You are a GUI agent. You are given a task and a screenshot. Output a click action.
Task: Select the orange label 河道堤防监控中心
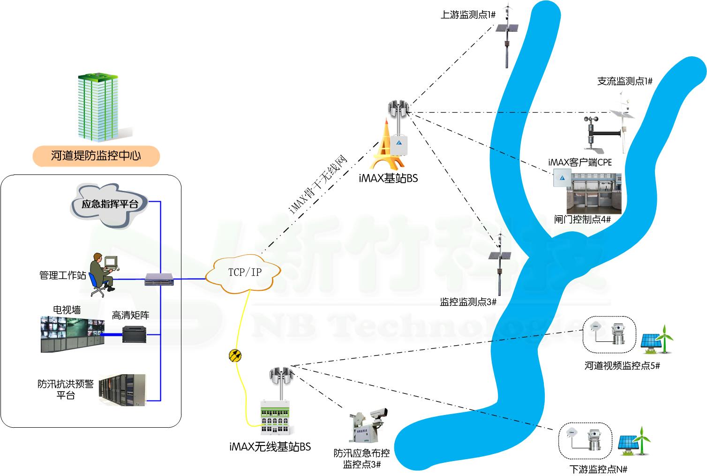96,156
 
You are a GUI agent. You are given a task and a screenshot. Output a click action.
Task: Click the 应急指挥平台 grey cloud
109,204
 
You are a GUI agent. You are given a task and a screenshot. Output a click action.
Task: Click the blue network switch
159,280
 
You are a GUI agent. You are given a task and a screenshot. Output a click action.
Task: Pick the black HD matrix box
135,333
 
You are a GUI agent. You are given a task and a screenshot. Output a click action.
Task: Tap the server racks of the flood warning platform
123,390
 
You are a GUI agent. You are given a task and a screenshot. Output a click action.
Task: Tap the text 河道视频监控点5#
622,366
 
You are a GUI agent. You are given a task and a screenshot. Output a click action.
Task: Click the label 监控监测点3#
467,302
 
